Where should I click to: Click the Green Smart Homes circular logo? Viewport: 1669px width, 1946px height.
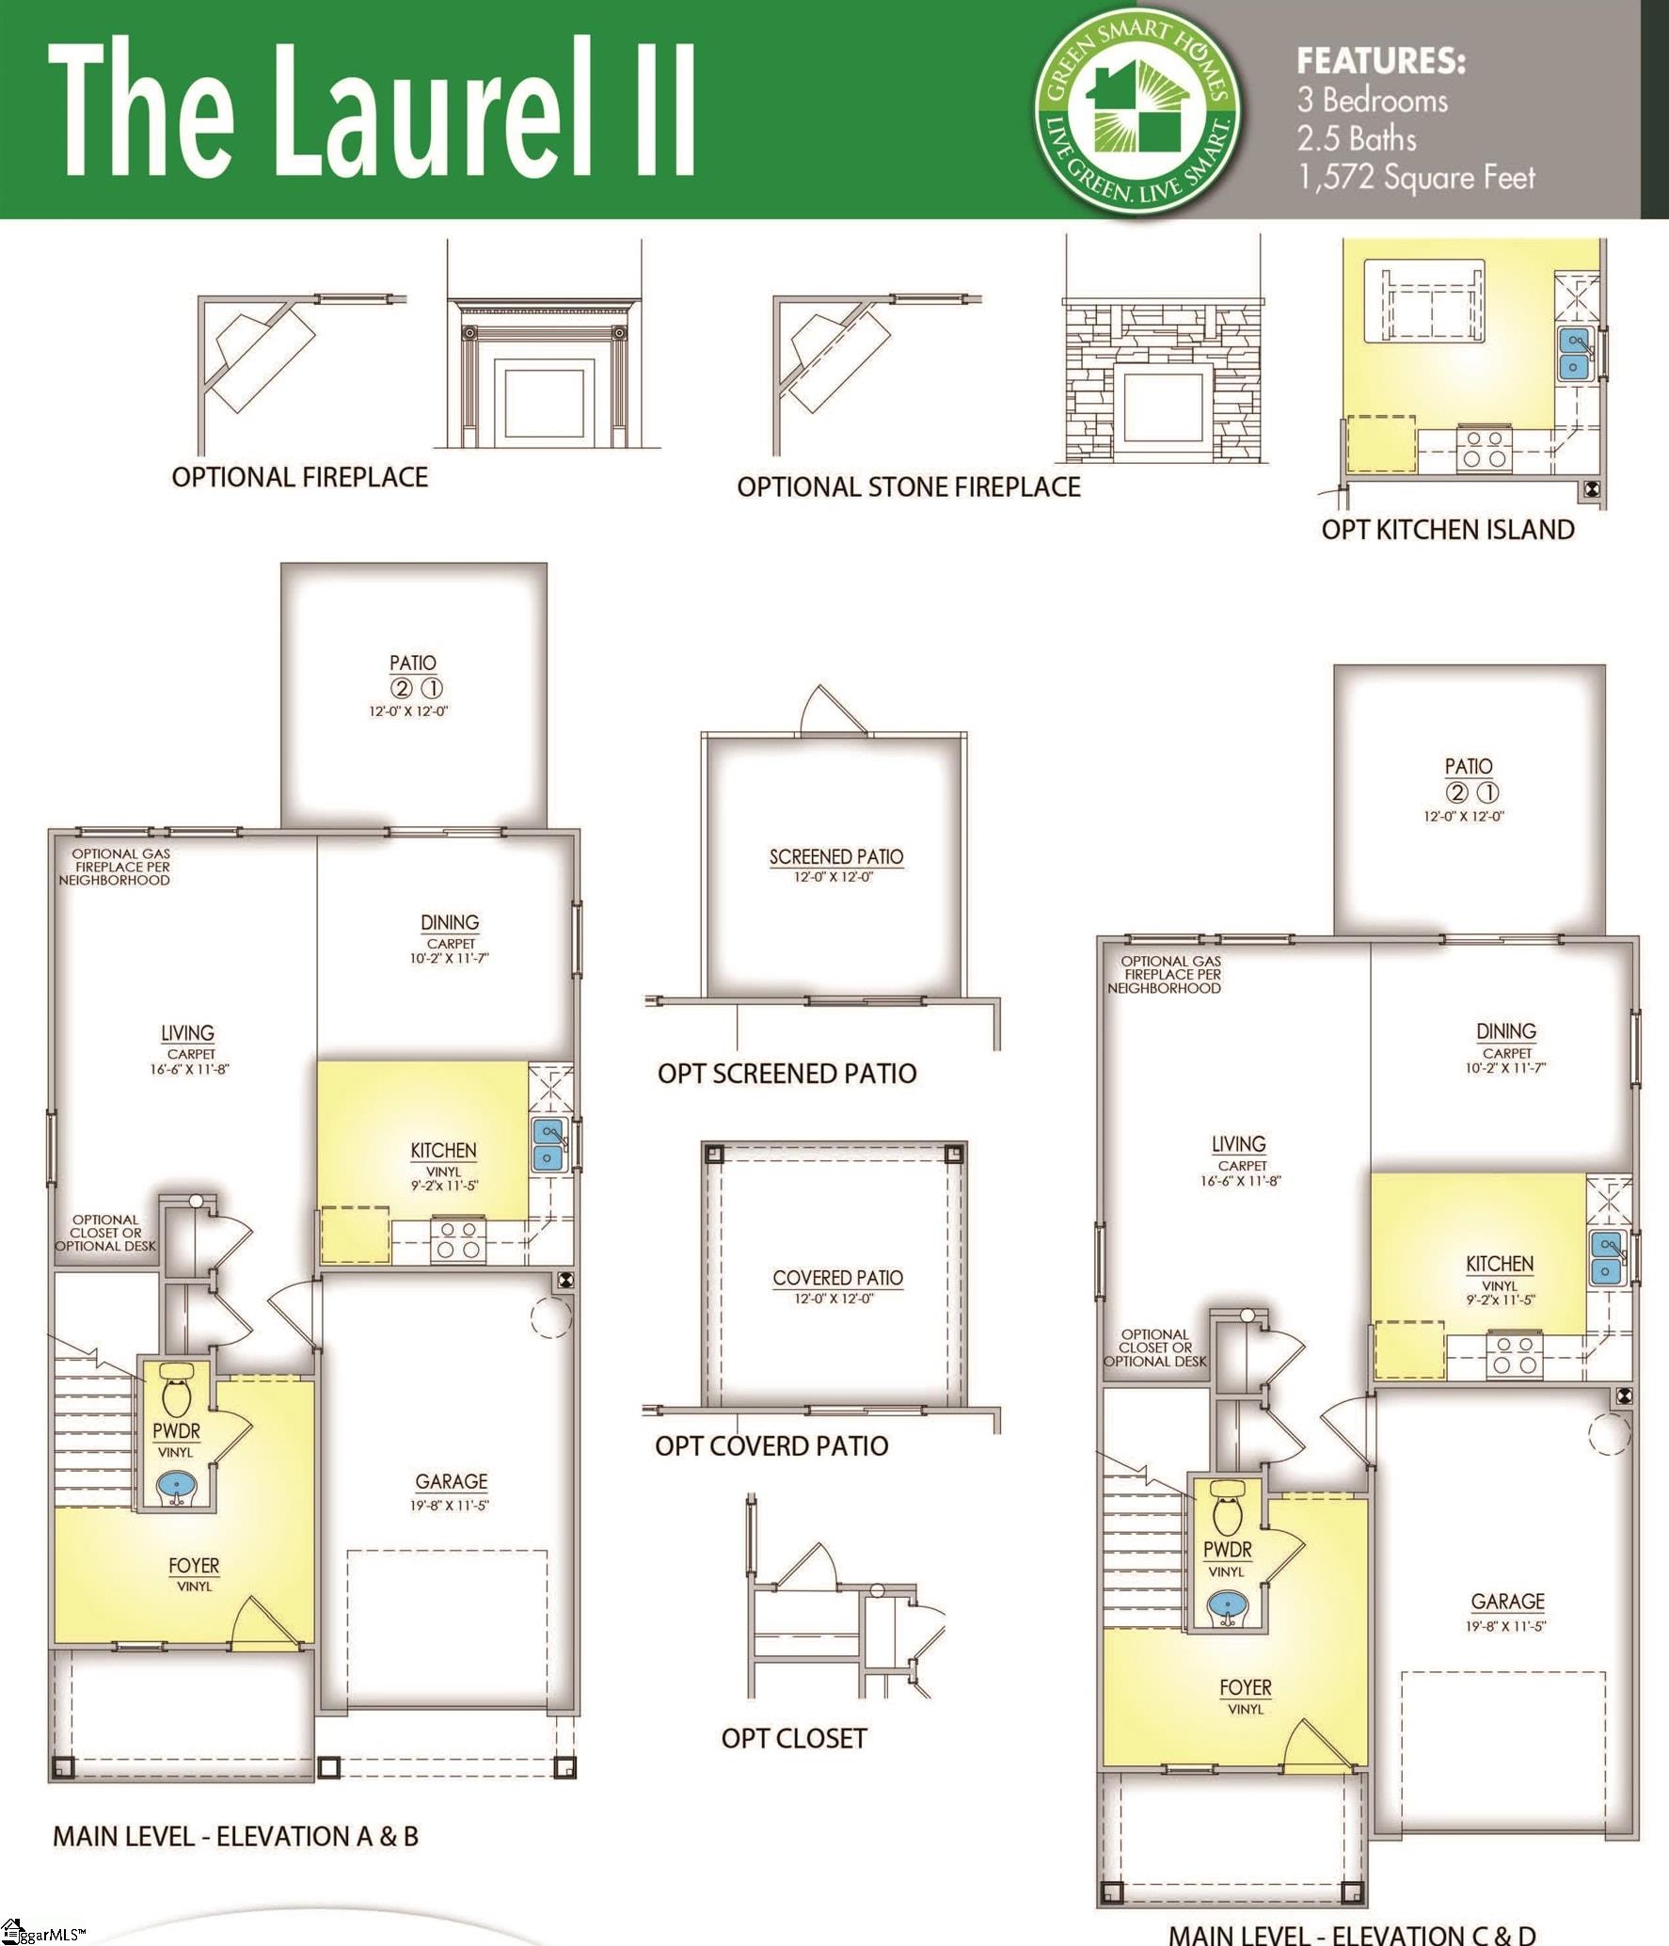tap(1137, 111)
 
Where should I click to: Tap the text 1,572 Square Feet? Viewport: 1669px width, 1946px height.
tap(1416, 178)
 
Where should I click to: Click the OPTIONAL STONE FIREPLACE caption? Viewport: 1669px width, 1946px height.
tap(908, 487)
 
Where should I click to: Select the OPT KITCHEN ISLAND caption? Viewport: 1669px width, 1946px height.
tap(1447, 530)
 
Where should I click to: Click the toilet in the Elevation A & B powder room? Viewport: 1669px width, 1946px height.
tap(176, 1395)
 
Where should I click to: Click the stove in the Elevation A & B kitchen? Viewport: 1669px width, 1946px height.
tap(458, 1240)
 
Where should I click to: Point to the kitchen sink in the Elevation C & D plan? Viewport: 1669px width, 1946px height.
tap(1605, 1259)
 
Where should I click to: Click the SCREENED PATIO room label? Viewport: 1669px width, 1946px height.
tap(835, 857)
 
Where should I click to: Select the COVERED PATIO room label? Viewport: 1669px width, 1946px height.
tap(837, 1278)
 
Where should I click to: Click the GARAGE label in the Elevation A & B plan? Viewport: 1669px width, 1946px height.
tap(452, 1481)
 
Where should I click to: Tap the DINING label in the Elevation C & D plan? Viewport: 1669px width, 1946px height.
tap(1505, 1031)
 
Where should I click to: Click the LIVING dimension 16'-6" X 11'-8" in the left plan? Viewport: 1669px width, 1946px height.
tap(190, 1069)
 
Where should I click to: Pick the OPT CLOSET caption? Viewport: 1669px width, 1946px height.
tap(793, 1738)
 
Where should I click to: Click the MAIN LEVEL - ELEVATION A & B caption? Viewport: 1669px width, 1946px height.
tap(235, 1836)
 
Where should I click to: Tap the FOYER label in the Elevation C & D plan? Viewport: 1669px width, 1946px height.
tap(1245, 1687)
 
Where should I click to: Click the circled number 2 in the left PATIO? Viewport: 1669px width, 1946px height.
tap(402, 688)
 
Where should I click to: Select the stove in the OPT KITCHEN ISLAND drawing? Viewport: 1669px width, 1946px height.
tap(1484, 449)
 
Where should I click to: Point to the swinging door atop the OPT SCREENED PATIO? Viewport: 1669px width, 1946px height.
tap(833, 711)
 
